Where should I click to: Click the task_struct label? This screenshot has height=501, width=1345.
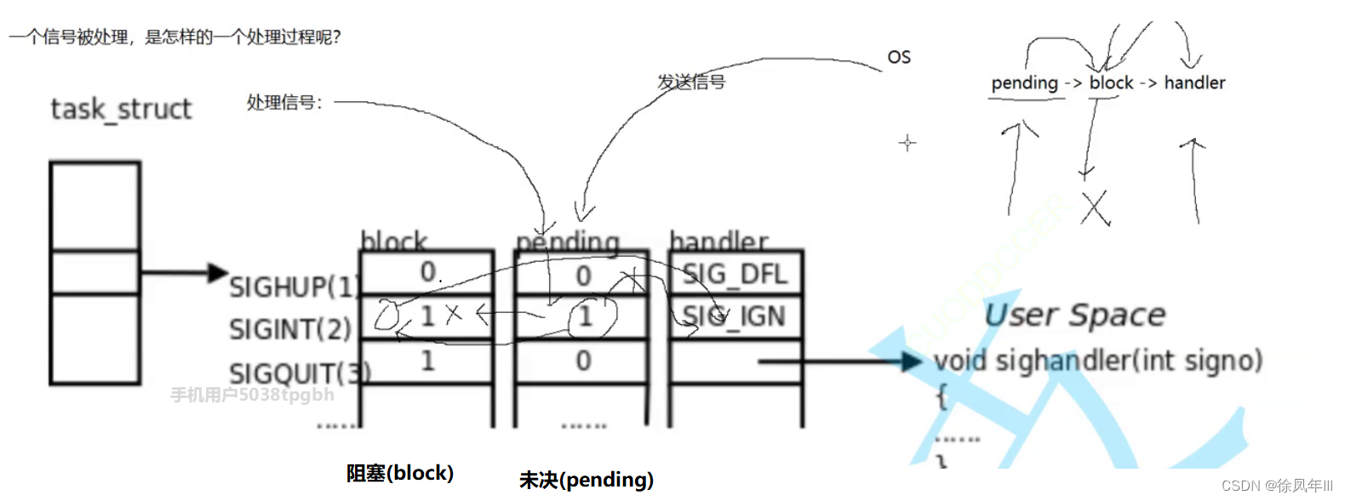tap(121, 110)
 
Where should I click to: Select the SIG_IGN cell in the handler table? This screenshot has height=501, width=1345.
tap(734, 316)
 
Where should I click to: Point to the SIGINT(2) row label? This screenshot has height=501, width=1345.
tap(290, 329)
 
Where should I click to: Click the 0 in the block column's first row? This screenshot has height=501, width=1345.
tap(428, 272)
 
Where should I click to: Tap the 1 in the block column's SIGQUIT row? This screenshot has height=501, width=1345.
tap(427, 361)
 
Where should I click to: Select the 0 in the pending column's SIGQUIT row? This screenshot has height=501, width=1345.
tap(583, 361)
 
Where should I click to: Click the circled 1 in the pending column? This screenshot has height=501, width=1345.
tap(586, 316)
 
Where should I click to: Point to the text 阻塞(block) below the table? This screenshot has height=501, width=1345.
tap(399, 473)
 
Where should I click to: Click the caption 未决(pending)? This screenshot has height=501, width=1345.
tap(587, 480)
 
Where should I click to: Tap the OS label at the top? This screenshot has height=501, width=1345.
tap(899, 57)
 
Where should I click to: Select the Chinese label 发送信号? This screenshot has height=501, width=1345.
tap(691, 82)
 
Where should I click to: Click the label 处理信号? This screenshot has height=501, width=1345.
tap(284, 103)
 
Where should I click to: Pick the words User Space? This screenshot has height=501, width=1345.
tap(1074, 316)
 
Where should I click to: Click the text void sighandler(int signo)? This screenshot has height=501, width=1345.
tap(1097, 361)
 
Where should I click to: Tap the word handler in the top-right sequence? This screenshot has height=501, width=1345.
tap(1194, 83)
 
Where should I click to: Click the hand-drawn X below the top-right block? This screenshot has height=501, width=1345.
tap(1096, 208)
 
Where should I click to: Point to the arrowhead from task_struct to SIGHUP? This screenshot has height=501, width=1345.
tap(220, 272)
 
